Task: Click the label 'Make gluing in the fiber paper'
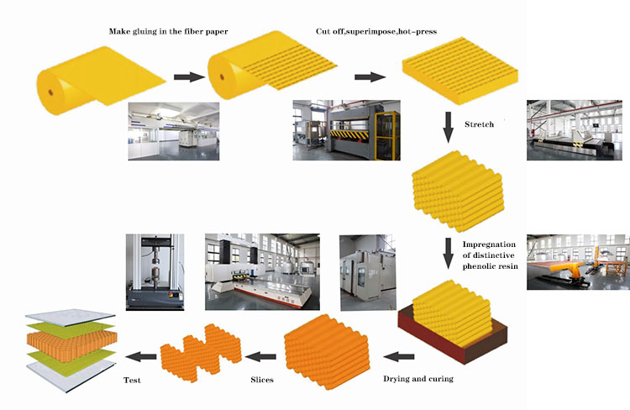168,32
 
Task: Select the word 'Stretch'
479,124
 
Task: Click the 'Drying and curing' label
417,379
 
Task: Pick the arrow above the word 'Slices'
262,356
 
